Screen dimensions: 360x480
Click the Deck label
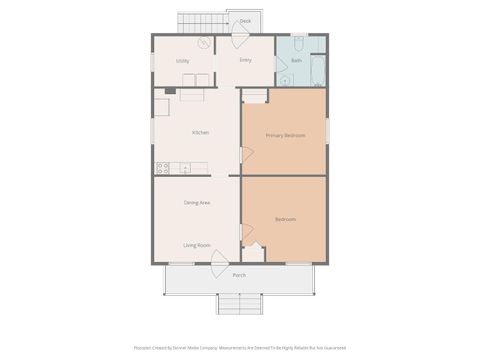point(245,20)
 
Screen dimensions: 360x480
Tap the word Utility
point(183,61)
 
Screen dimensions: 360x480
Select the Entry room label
point(246,60)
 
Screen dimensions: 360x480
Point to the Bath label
point(295,61)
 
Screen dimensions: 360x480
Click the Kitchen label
point(200,132)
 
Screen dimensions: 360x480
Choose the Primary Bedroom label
point(284,134)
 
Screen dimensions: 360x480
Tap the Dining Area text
point(197,203)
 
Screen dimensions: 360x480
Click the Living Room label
point(197,245)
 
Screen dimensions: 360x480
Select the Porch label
point(239,275)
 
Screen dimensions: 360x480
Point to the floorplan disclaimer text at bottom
point(239,348)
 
